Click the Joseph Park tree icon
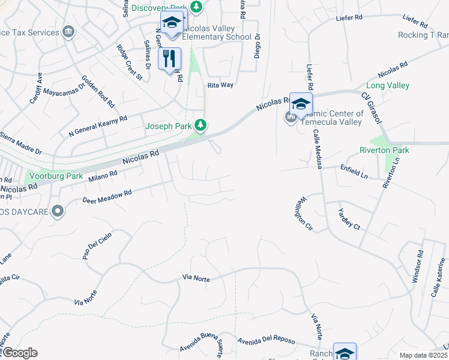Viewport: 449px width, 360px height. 202,125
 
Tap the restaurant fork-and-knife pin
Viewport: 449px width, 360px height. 169,58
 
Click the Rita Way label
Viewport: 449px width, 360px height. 220,85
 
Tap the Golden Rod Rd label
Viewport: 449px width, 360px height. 98,91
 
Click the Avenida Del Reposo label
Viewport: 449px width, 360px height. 266,340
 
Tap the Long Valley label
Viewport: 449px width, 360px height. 388,86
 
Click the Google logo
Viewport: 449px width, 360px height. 19,353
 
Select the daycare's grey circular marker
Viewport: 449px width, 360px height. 58,211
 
